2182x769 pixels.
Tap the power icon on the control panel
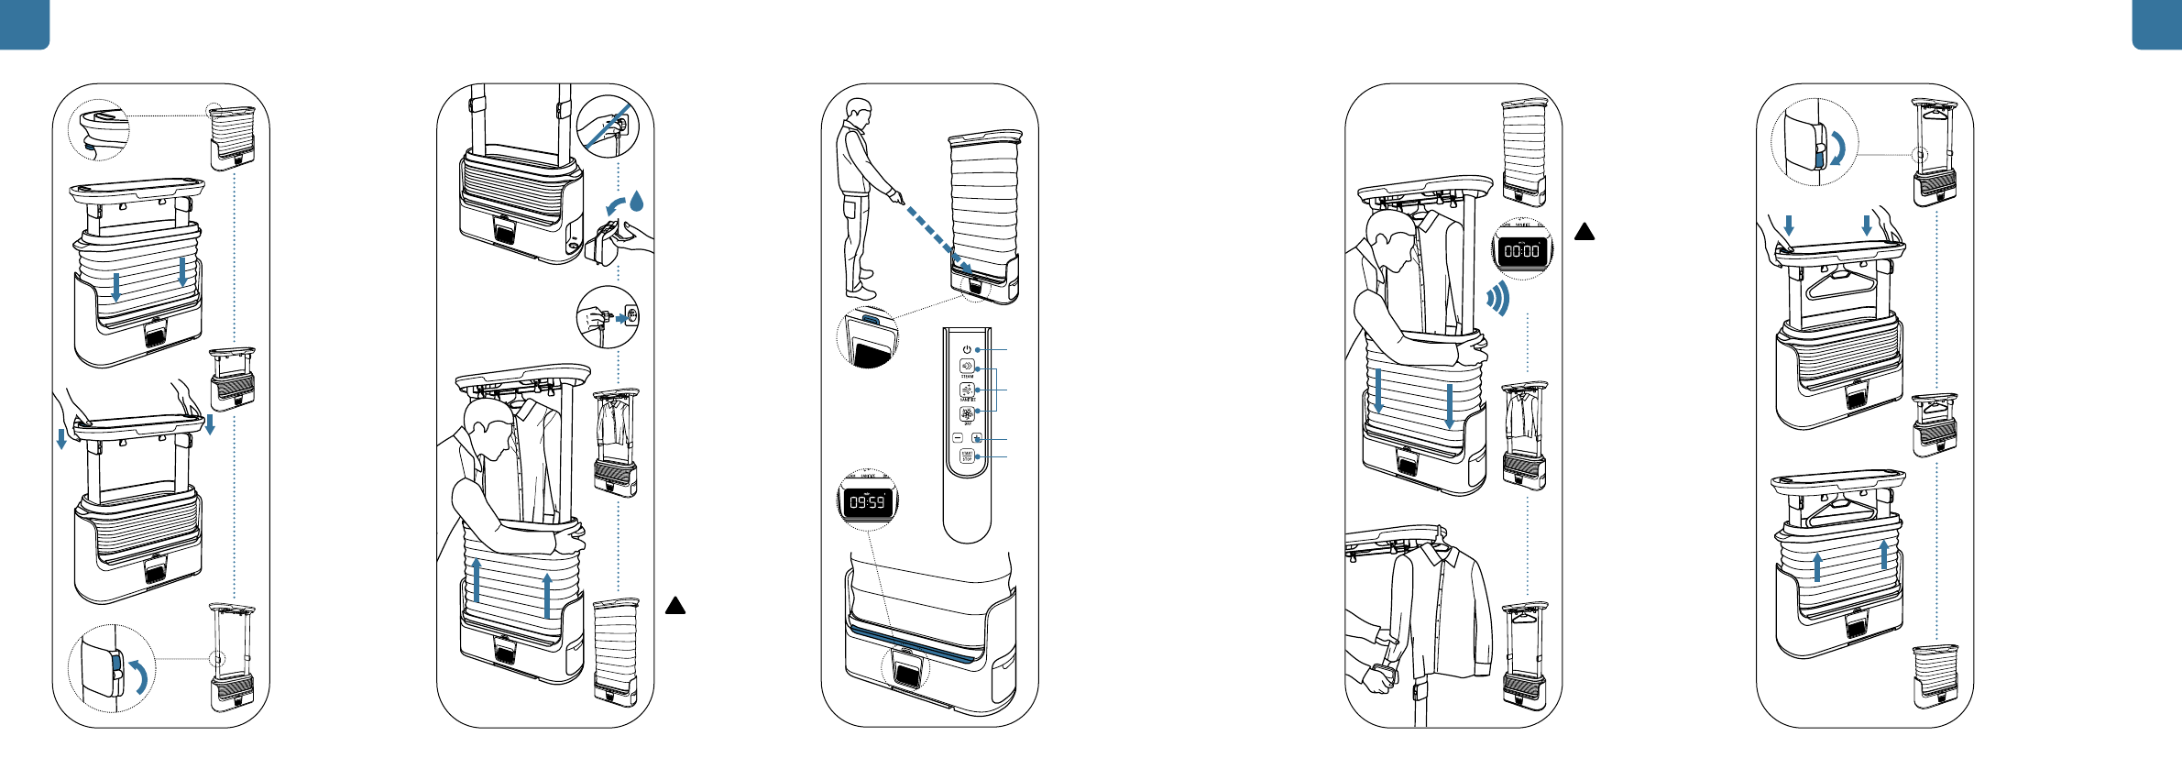967,349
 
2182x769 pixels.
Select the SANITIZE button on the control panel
967,389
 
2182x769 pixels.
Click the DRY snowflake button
967,412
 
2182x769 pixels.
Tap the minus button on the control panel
958,438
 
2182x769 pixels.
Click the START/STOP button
967,456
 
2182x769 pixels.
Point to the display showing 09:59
867,502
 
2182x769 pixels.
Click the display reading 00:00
1522,250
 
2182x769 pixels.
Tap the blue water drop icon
637,200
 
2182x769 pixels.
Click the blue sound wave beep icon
1498,298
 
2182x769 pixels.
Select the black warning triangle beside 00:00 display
1584,232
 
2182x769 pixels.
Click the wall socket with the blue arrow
631,317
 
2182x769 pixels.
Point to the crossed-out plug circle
608,126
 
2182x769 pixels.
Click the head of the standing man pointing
859,112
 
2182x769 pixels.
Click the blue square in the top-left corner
24,24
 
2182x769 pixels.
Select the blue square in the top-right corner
2157,24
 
